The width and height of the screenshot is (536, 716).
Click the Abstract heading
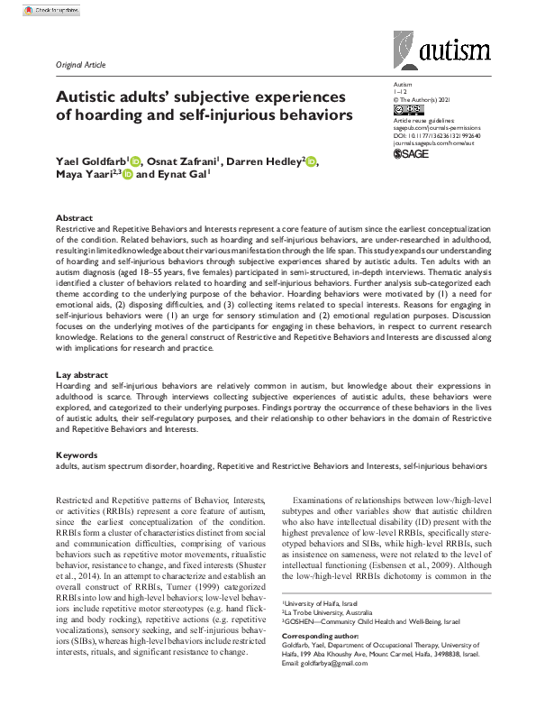[74, 218]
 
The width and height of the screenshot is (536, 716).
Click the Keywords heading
[77, 454]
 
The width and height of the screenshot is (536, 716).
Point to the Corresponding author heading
[321, 636]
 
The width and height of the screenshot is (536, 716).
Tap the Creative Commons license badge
[407, 110]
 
